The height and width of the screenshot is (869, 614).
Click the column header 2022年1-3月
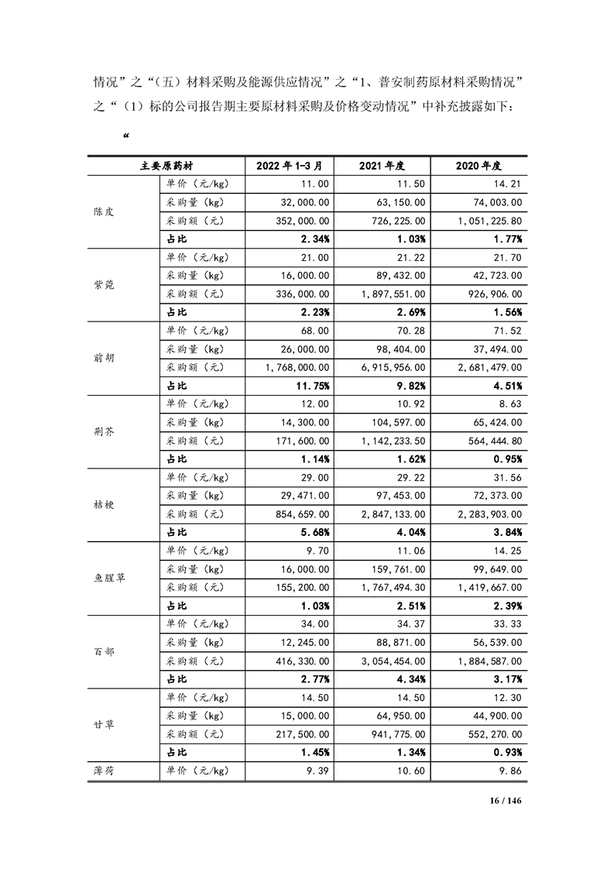click(283, 166)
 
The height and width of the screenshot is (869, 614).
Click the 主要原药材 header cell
click(166, 166)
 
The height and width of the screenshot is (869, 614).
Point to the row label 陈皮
click(103, 211)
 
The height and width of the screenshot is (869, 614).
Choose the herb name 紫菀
click(103, 285)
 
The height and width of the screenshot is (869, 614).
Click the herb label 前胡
click(103, 359)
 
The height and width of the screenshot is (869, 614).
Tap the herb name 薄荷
click(103, 771)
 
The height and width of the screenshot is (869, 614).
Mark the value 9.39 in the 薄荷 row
click(317, 771)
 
